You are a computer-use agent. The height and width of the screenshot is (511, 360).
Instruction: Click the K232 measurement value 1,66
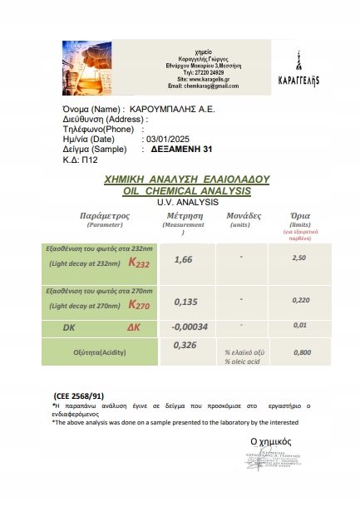click(183, 260)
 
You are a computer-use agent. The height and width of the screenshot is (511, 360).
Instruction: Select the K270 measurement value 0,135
click(185, 302)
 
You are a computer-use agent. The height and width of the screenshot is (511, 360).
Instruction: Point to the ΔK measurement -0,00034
click(189, 326)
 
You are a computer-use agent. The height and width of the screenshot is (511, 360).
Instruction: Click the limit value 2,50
click(300, 258)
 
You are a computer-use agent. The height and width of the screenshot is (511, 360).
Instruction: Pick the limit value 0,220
click(302, 300)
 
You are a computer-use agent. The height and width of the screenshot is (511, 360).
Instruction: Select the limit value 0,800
click(303, 352)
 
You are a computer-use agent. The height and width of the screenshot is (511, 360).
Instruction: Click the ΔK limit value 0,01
click(302, 325)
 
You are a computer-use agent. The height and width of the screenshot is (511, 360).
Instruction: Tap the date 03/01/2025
click(172, 139)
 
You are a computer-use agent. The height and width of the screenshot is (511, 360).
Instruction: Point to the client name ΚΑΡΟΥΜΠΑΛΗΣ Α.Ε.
click(175, 109)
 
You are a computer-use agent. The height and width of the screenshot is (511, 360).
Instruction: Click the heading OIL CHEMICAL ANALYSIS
click(185, 190)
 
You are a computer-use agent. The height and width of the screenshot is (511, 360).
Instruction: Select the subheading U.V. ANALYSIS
click(185, 201)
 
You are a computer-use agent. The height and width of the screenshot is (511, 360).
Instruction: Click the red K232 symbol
click(137, 263)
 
